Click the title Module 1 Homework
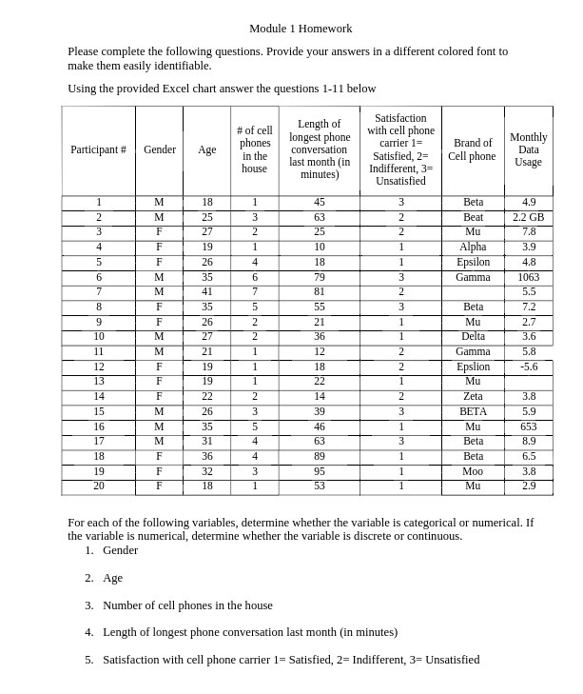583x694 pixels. click(301, 29)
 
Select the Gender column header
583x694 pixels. click(159, 149)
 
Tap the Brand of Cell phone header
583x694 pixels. click(472, 149)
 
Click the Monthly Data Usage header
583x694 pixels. click(528, 149)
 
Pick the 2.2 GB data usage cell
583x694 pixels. click(528, 217)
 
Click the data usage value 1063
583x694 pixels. click(528, 277)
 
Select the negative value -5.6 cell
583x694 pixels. click(528, 367)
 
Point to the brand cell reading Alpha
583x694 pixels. click(472, 247)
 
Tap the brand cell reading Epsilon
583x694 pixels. click(472, 262)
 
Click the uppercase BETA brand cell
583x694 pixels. click(472, 411)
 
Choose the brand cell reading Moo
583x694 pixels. click(472, 471)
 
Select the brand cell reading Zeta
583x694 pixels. click(472, 396)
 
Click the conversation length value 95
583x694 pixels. click(319, 471)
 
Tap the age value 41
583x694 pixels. click(206, 291)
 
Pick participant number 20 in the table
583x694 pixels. click(98, 486)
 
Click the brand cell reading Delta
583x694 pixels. click(472, 336)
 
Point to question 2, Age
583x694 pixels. click(112, 578)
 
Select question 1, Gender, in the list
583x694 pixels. click(120, 550)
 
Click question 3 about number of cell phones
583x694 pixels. click(187, 605)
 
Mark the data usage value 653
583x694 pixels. click(528, 426)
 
